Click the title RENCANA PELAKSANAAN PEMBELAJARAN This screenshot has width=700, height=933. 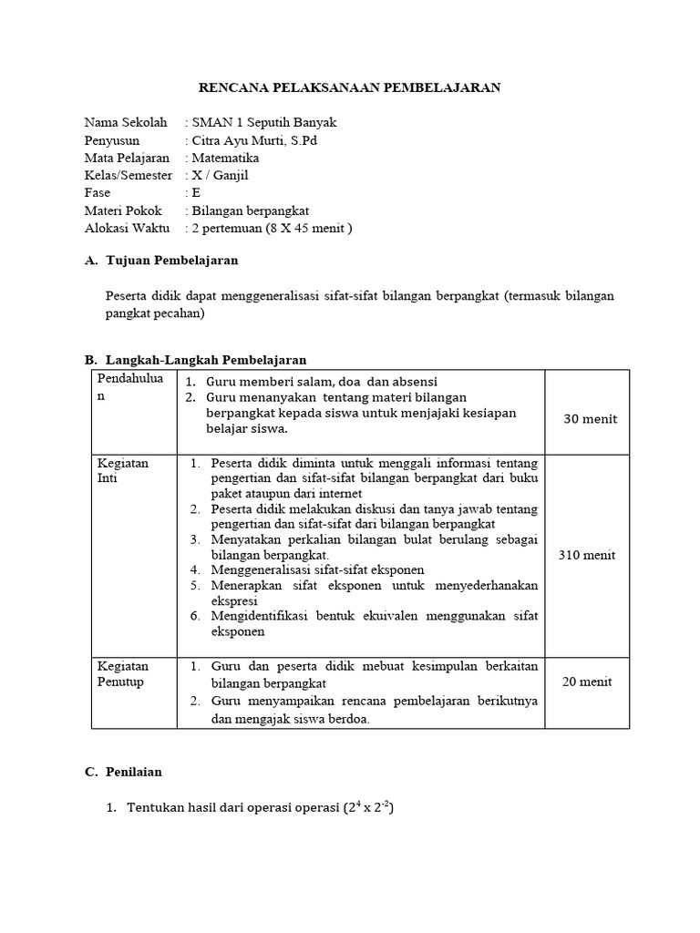[x=350, y=87]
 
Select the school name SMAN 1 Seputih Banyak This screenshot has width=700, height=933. [x=263, y=123]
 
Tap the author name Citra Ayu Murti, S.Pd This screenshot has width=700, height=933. [x=254, y=140]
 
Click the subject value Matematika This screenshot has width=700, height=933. [x=225, y=158]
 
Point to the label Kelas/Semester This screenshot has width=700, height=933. [x=128, y=175]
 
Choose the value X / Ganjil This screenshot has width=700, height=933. [x=220, y=175]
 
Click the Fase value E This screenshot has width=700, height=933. [x=196, y=193]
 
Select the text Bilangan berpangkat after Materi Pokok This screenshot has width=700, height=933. [x=247, y=210]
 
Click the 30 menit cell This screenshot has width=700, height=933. [x=590, y=419]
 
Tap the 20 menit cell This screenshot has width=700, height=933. [x=587, y=682]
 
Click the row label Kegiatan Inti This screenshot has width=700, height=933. [x=122, y=470]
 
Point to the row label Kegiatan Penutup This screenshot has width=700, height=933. [x=122, y=673]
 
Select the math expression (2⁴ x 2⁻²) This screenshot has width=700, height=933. [x=367, y=807]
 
